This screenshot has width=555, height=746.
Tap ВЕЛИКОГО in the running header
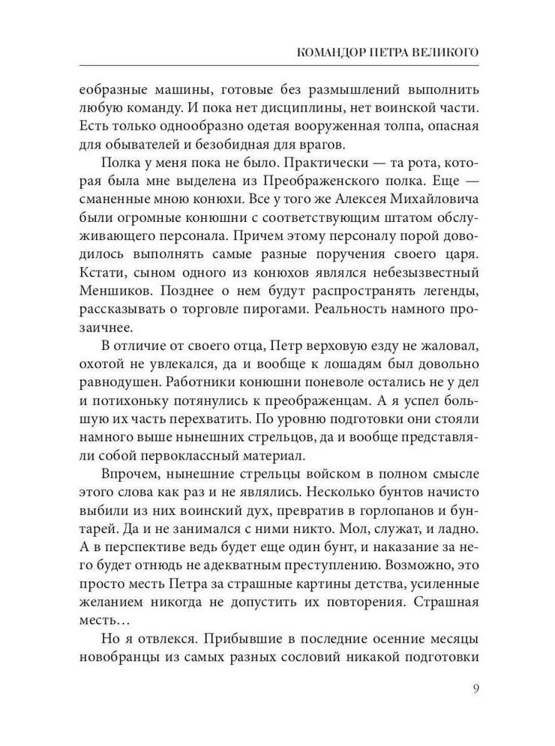pos(443,53)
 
